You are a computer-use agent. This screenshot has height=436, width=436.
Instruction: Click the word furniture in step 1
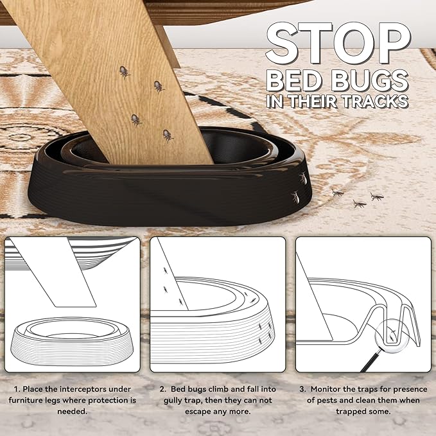32,400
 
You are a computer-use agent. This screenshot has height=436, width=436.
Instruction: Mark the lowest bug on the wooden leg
168,135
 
